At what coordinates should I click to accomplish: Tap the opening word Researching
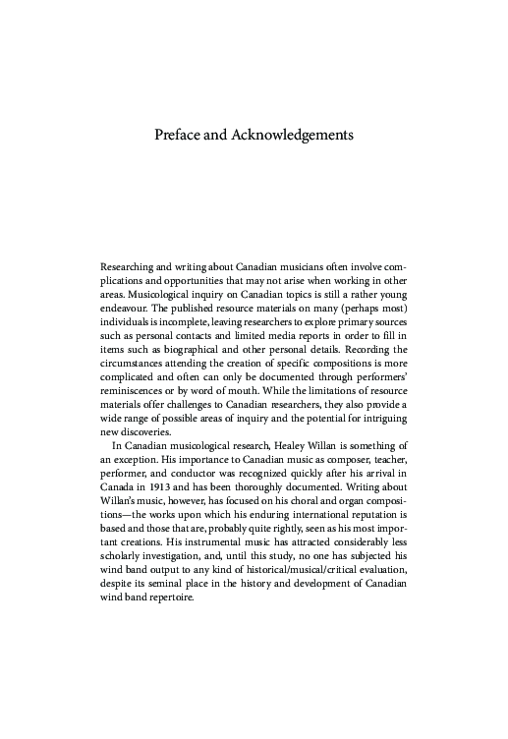pos(132,266)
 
